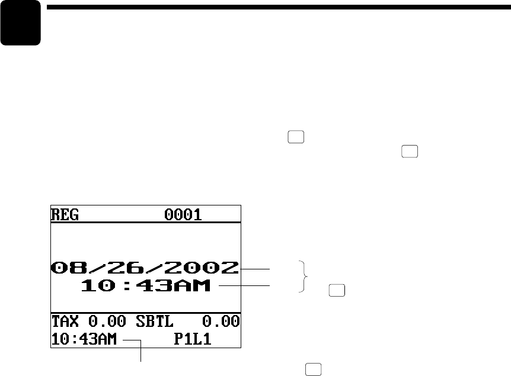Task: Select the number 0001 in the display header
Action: (x=183, y=214)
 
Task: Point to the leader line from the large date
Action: (x=255, y=268)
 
